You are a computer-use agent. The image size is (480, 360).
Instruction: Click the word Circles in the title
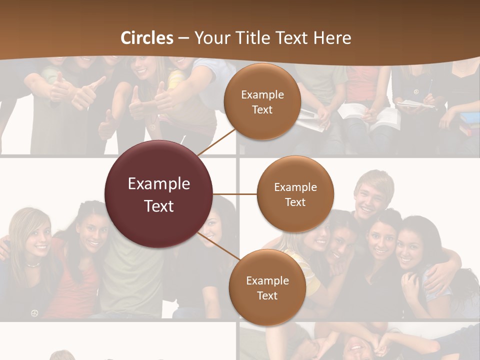pyautogui.click(x=147, y=38)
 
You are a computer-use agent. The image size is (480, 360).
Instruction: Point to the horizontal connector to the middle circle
pyautogui.click(x=235, y=194)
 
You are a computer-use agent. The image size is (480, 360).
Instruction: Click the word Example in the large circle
pyautogui.click(x=159, y=184)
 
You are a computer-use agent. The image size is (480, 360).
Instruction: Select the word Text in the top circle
pyautogui.click(x=262, y=110)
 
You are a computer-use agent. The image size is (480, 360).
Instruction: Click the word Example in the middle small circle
pyautogui.click(x=295, y=187)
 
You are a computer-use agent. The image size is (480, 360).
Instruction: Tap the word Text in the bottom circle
pyautogui.click(x=267, y=296)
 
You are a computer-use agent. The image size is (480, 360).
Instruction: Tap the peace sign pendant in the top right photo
pyautogui.click(x=416, y=92)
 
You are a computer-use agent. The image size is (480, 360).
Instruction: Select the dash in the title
pyautogui.click(x=183, y=38)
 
